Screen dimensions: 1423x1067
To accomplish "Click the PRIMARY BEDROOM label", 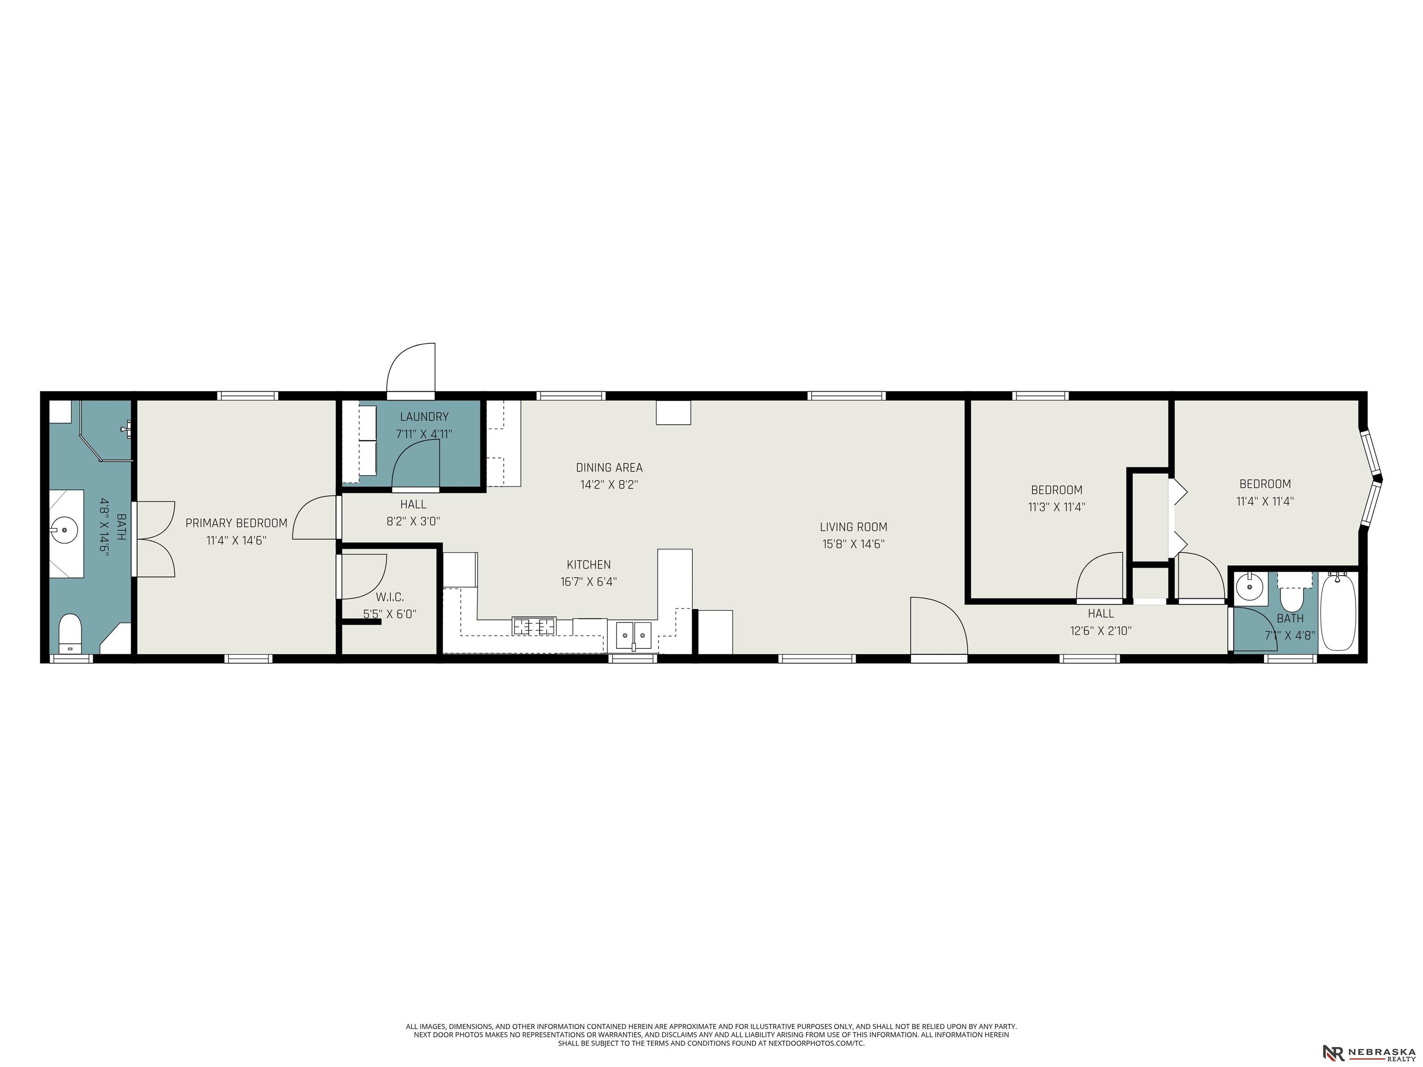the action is [x=236, y=523].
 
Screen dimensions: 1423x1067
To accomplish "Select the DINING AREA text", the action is [x=609, y=468].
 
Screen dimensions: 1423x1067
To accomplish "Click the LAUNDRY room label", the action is [x=424, y=417].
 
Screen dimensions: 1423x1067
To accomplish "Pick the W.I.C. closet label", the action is [x=390, y=597].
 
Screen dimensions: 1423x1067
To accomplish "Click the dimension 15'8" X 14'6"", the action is [x=853, y=544].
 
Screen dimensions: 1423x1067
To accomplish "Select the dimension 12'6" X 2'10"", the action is [x=1101, y=631].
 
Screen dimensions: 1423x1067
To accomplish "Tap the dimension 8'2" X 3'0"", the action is [x=413, y=521].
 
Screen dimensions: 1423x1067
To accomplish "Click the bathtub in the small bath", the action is [x=1338, y=612].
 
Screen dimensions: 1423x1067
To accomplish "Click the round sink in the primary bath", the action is [x=64, y=531].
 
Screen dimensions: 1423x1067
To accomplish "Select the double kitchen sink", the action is [x=634, y=635].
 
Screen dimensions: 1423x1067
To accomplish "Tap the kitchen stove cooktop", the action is [x=534, y=626].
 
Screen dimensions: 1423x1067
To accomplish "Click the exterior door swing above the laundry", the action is [x=411, y=368].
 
